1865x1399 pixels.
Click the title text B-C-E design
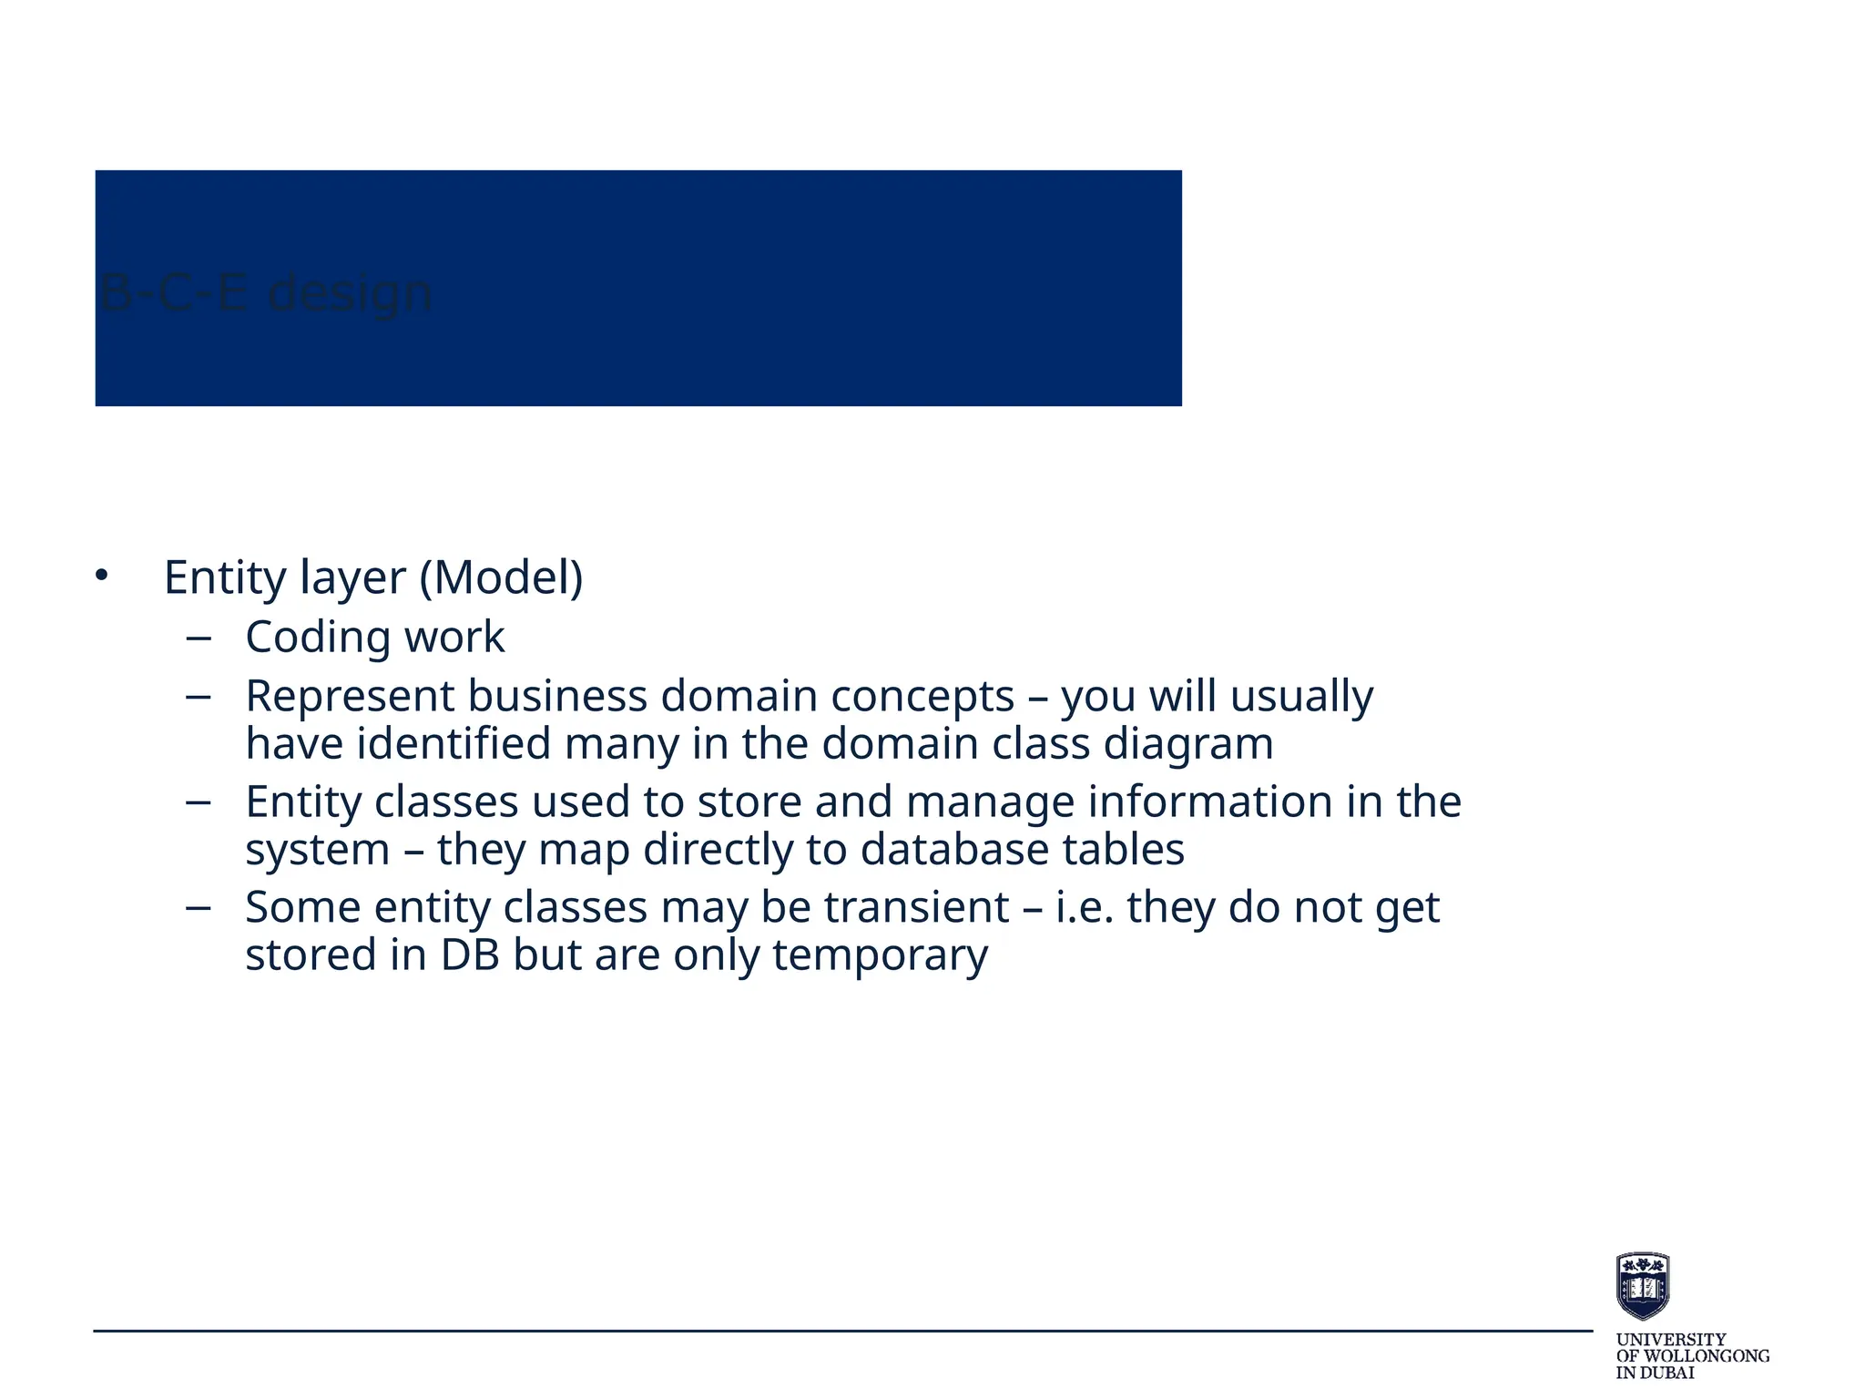point(265,293)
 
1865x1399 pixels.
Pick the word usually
point(1301,697)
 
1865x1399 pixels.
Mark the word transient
point(917,908)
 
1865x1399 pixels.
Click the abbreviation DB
point(470,955)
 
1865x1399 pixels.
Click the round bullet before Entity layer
point(102,576)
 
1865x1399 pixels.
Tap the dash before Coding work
point(198,638)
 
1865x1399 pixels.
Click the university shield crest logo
point(1642,1285)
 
